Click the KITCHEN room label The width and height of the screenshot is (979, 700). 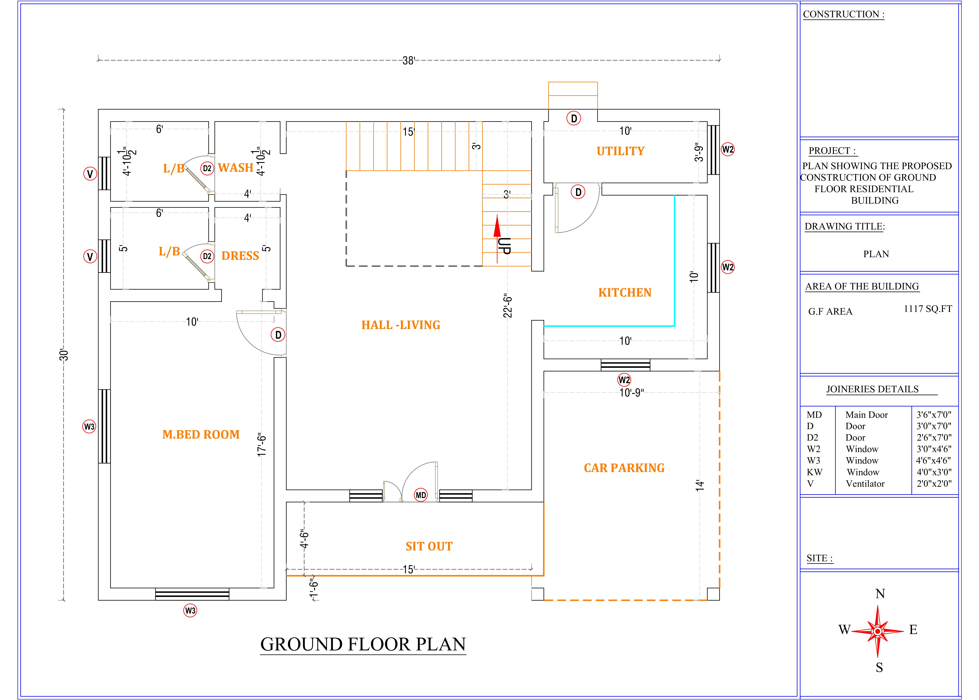pyautogui.click(x=625, y=293)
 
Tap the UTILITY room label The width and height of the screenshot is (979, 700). pyautogui.click(x=620, y=151)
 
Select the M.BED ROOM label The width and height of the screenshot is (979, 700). pyautogui.click(x=201, y=434)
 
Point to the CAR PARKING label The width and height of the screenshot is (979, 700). pyautogui.click(x=624, y=468)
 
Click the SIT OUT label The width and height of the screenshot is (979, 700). pyautogui.click(x=429, y=547)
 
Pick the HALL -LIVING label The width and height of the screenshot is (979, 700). pyautogui.click(x=400, y=325)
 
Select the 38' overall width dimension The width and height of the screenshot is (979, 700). pyautogui.click(x=408, y=61)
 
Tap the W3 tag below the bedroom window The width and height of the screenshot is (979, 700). pyautogui.click(x=190, y=610)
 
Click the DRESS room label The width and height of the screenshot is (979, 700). pyautogui.click(x=240, y=256)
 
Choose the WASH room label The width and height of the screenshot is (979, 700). pyautogui.click(x=235, y=168)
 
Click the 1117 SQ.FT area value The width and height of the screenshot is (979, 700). pyautogui.click(x=928, y=309)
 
